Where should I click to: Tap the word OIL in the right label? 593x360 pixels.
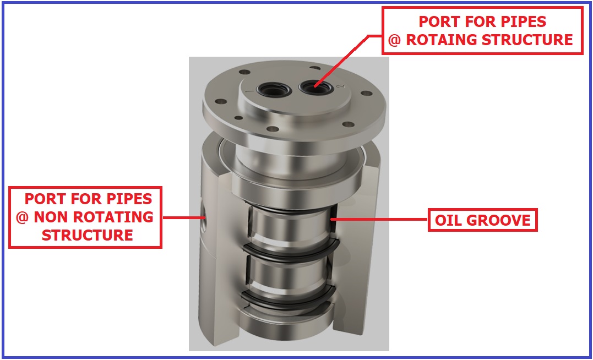click(448, 221)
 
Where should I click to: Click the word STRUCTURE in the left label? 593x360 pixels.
click(88, 235)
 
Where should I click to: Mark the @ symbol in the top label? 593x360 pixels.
click(394, 40)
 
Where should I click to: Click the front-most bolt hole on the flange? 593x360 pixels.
click(273, 129)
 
